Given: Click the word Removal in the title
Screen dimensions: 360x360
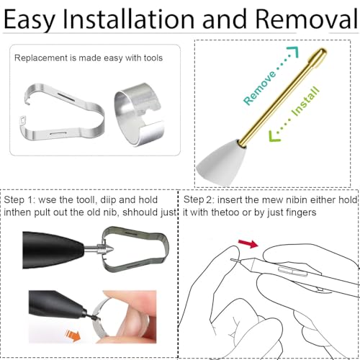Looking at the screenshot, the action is pos(307,19).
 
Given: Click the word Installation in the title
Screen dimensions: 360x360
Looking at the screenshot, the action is pos(128,19).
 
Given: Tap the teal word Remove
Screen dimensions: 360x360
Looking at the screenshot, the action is pos(260,88).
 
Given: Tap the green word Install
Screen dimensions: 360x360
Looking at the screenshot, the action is pos(305,102).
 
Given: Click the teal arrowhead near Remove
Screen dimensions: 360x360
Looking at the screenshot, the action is pos(294,51).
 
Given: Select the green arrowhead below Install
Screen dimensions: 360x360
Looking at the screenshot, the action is pos(274,136).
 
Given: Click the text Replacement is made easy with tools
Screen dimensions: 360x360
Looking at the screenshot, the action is pos(89,58).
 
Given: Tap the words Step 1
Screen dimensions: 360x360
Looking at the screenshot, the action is pos(19,200).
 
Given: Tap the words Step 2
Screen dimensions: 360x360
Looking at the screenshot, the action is pos(199,200).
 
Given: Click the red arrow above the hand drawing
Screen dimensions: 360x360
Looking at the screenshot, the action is pos(248,243).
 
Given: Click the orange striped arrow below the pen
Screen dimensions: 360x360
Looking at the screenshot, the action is pos(73,336).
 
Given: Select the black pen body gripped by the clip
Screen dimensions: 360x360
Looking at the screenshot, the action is pos(53,250).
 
